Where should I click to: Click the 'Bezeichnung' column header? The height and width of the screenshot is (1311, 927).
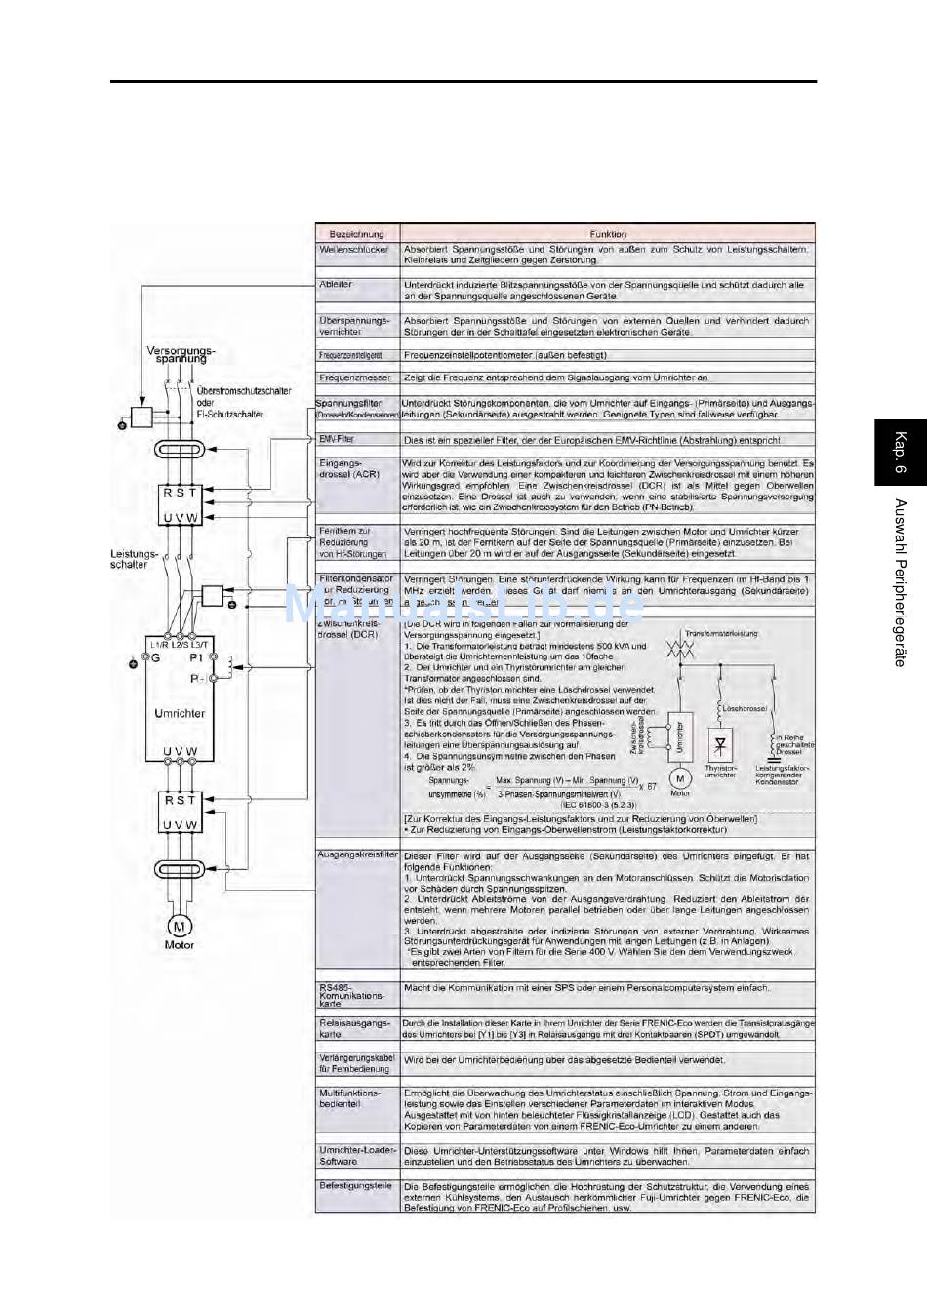click(356, 234)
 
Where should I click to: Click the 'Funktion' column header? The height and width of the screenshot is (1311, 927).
click(608, 234)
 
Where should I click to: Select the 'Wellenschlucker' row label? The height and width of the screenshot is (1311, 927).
click(354, 250)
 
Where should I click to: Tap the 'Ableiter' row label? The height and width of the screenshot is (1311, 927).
click(336, 285)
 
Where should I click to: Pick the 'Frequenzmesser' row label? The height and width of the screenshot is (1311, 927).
click(355, 377)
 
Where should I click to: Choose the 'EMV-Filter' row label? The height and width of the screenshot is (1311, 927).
click(338, 440)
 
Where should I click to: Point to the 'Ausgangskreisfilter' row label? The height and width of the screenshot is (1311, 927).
click(357, 854)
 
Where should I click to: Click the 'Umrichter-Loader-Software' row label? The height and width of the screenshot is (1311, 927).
click(357, 1156)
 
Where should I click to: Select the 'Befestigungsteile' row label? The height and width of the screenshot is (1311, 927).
click(356, 1186)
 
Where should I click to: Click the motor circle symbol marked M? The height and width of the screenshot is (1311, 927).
click(180, 926)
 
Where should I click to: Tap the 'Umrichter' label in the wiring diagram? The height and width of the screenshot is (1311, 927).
click(180, 713)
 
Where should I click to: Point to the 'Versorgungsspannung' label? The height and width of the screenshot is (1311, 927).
click(181, 354)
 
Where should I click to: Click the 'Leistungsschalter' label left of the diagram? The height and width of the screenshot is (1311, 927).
click(129, 559)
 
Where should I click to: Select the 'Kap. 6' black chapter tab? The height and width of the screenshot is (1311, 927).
click(900, 454)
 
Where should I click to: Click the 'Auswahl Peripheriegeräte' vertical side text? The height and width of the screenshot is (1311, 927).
click(900, 583)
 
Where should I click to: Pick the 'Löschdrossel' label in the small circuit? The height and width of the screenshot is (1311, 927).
click(745, 708)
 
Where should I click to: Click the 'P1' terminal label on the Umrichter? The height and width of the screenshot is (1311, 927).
click(196, 658)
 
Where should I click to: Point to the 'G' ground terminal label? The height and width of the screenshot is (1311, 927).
click(153, 659)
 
